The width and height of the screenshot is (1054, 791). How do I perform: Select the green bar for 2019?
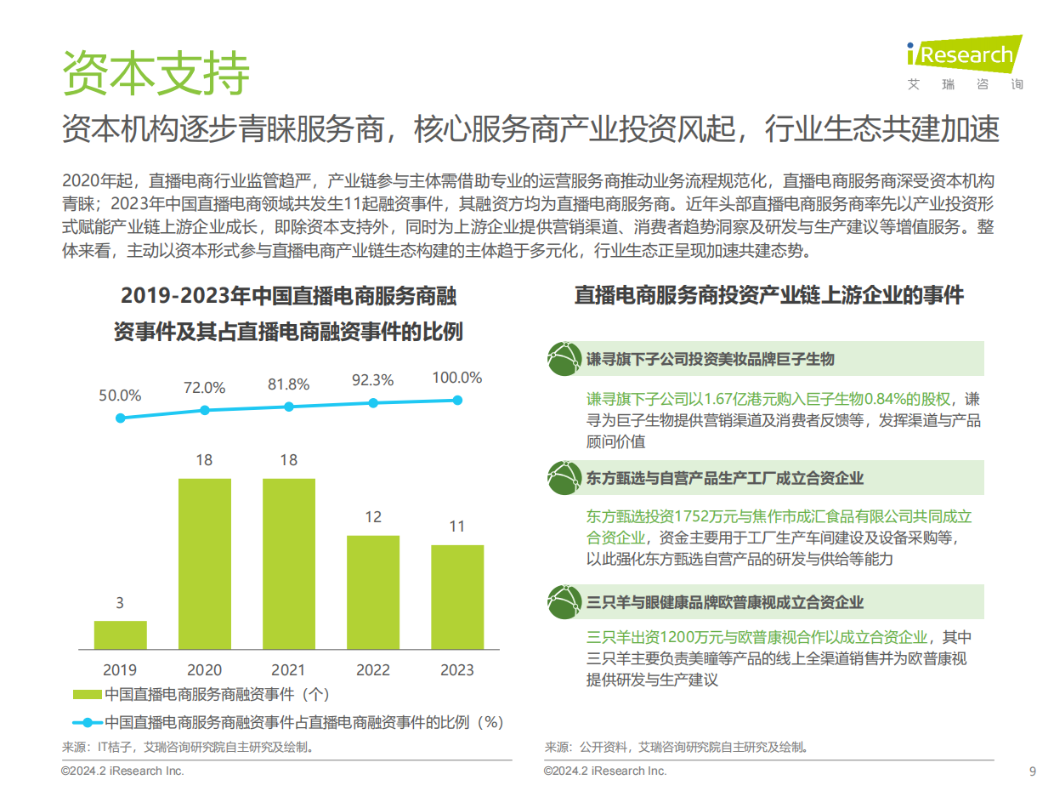pos(120,635)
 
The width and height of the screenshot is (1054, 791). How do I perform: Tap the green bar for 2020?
pos(204,563)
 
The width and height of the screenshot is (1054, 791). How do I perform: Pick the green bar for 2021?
pos(288,563)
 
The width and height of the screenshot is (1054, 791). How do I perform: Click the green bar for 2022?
pos(372,592)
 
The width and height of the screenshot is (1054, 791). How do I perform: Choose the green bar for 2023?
pos(456,596)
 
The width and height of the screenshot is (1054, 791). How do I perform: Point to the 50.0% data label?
pos(120,395)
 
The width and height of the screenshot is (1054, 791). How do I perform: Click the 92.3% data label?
pos(372,380)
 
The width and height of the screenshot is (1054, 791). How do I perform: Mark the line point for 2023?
pos(457,400)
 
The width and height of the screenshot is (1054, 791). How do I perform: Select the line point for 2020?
pos(204,410)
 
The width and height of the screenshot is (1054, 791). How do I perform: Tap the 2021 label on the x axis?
pos(288,670)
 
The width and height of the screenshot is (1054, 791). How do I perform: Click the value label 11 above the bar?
pos(456,526)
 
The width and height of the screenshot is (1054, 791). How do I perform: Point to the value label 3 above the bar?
pos(120,603)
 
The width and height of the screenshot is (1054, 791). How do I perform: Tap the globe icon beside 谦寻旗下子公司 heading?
pos(563,358)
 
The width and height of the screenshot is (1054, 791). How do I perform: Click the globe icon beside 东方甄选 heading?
pos(563,478)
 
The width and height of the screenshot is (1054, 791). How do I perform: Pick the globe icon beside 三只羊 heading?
pos(563,601)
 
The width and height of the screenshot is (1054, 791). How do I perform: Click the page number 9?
pos(1032,771)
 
